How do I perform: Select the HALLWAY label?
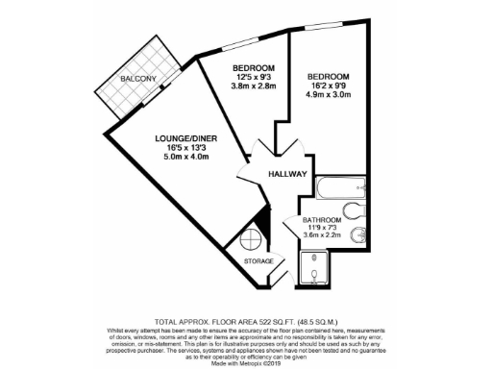click(287, 174)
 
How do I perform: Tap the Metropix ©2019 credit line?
click(246, 361)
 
